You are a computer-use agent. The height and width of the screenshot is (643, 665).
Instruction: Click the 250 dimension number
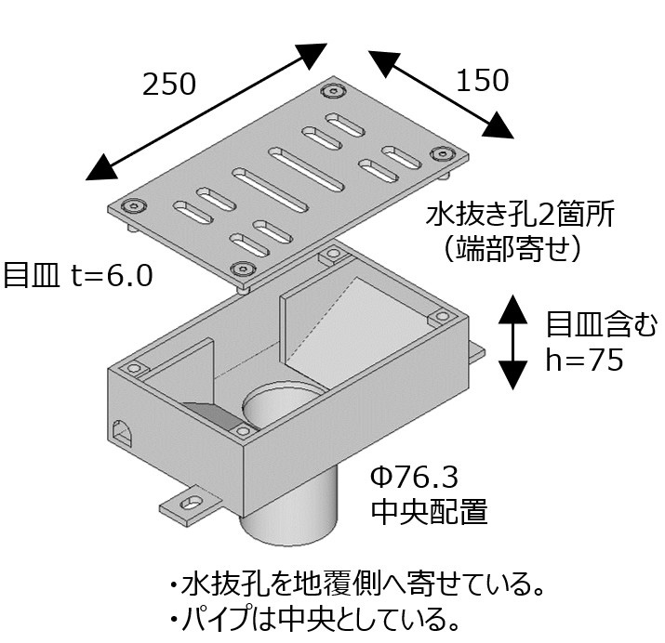click(x=169, y=85)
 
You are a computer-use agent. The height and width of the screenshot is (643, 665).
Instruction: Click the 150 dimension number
click(x=483, y=81)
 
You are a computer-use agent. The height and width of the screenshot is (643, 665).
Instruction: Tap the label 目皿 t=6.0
click(x=77, y=277)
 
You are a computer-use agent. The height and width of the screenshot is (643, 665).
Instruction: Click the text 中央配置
click(x=429, y=512)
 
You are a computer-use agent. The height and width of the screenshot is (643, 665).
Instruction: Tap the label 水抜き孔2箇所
click(x=520, y=216)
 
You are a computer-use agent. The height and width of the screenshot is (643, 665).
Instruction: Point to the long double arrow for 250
click(x=206, y=110)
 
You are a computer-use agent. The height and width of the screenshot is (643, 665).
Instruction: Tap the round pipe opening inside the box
click(x=282, y=410)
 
